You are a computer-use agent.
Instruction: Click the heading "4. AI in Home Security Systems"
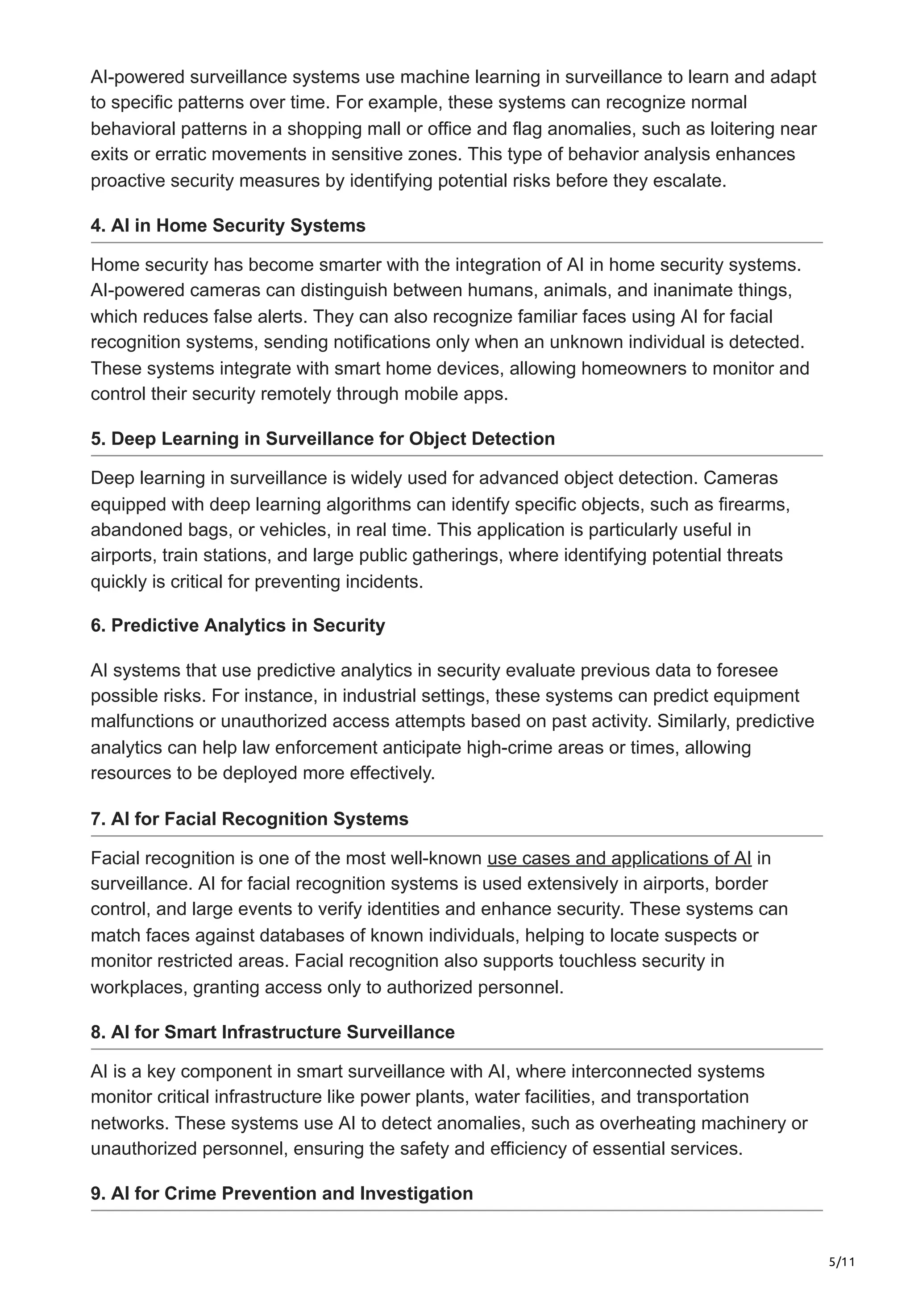click(228, 226)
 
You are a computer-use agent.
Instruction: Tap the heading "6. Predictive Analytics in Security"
click(238, 625)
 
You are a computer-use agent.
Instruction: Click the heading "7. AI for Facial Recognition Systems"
click(249, 819)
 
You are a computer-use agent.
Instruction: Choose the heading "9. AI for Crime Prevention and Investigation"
click(282, 1194)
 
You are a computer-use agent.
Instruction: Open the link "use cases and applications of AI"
click(619, 858)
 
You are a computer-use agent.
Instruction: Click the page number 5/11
click(842, 1262)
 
